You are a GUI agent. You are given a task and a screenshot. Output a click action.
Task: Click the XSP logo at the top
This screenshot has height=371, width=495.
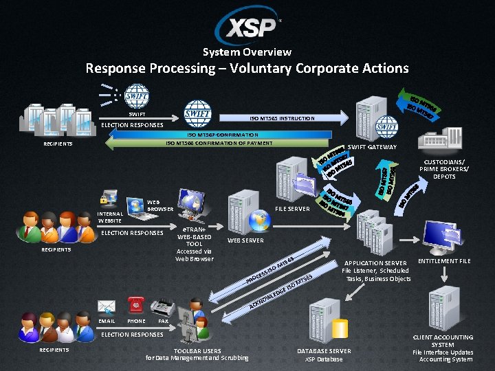(247, 26)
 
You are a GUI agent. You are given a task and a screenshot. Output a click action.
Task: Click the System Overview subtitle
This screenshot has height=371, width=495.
(247, 52)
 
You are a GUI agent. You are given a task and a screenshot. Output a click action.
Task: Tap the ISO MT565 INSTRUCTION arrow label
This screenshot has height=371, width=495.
(277, 119)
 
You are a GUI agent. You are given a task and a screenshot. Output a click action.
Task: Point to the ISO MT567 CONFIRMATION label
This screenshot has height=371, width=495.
(223, 135)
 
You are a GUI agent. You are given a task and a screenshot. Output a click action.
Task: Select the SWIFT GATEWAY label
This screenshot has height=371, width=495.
(372, 148)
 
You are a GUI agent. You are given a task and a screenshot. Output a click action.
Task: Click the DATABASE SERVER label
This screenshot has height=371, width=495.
(323, 351)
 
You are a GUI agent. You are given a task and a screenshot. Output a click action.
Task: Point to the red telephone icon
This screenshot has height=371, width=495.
(135, 306)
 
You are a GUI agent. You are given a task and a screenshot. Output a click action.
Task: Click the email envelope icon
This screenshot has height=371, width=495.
(107, 306)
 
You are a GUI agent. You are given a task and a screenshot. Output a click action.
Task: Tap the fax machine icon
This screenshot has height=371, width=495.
(162, 307)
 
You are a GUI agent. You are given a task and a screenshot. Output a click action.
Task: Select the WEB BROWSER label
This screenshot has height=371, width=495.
(160, 205)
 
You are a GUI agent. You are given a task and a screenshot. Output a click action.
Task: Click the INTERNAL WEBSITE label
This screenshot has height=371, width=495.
(110, 218)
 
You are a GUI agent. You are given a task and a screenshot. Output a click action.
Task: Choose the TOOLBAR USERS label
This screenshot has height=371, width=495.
(197, 351)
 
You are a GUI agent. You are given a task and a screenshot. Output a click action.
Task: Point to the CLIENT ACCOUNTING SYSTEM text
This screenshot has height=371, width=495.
(442, 341)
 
